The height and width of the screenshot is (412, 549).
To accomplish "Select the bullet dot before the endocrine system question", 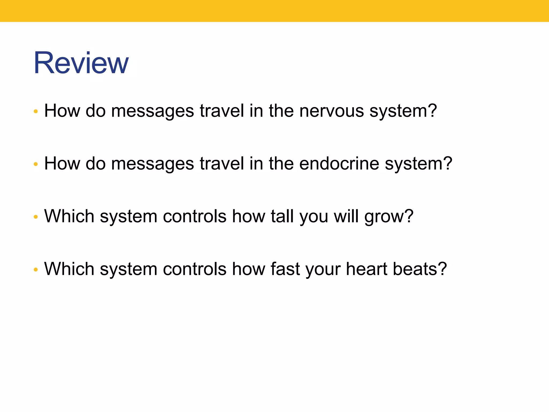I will tap(36, 164).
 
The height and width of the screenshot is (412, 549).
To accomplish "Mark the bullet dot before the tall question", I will tap(36, 217).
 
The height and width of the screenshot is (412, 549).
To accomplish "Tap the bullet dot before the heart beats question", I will tap(36, 270).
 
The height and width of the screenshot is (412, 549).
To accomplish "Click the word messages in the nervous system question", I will tap(152, 111).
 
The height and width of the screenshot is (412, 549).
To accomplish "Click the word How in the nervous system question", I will tap(62, 111).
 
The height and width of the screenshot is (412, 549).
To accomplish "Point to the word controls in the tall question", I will tap(194, 216).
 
